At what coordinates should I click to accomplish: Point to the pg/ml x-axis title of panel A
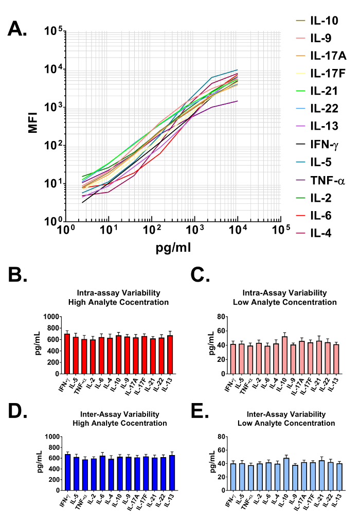pyautogui.click(x=174, y=248)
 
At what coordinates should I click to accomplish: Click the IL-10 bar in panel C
pyautogui.click(x=284, y=355)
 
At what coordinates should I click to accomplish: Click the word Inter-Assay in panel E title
pyautogui.click(x=264, y=414)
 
